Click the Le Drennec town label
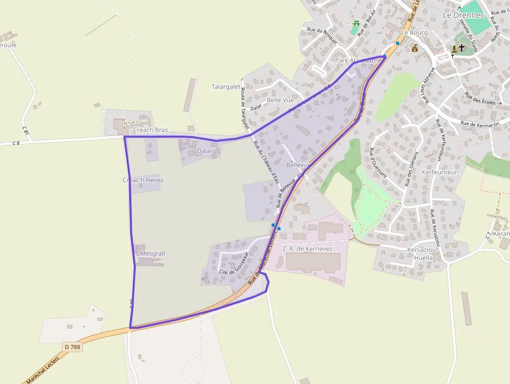pyautogui.click(x=463, y=15)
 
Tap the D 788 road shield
pyautogui.click(x=73, y=346)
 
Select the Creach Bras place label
pyautogui.click(x=150, y=130)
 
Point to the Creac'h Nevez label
pyautogui.click(x=143, y=180)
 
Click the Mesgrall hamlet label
pyautogui.click(x=152, y=254)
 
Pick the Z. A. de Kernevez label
pyautogui.click(x=307, y=249)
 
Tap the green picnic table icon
pyautogui.click(x=356, y=24)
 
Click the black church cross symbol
pyautogui.click(x=462, y=48)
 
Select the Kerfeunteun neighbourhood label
pyautogui.click(x=440, y=172)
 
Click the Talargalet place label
pyautogui.click(x=226, y=87)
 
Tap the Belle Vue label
pyautogui.click(x=280, y=100)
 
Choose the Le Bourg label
pyautogui.click(x=414, y=32)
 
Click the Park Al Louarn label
pyautogui.click(x=356, y=60)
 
